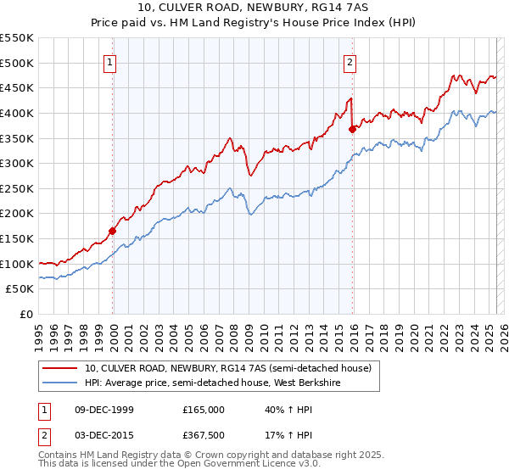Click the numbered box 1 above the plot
click(x=111, y=62)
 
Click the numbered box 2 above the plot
click(x=350, y=62)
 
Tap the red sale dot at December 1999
click(x=112, y=230)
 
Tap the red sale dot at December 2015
click(x=352, y=129)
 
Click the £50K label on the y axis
click(x=21, y=289)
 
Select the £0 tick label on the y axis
click(x=26, y=314)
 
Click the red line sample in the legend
click(x=60, y=368)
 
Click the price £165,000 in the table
click(x=204, y=410)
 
